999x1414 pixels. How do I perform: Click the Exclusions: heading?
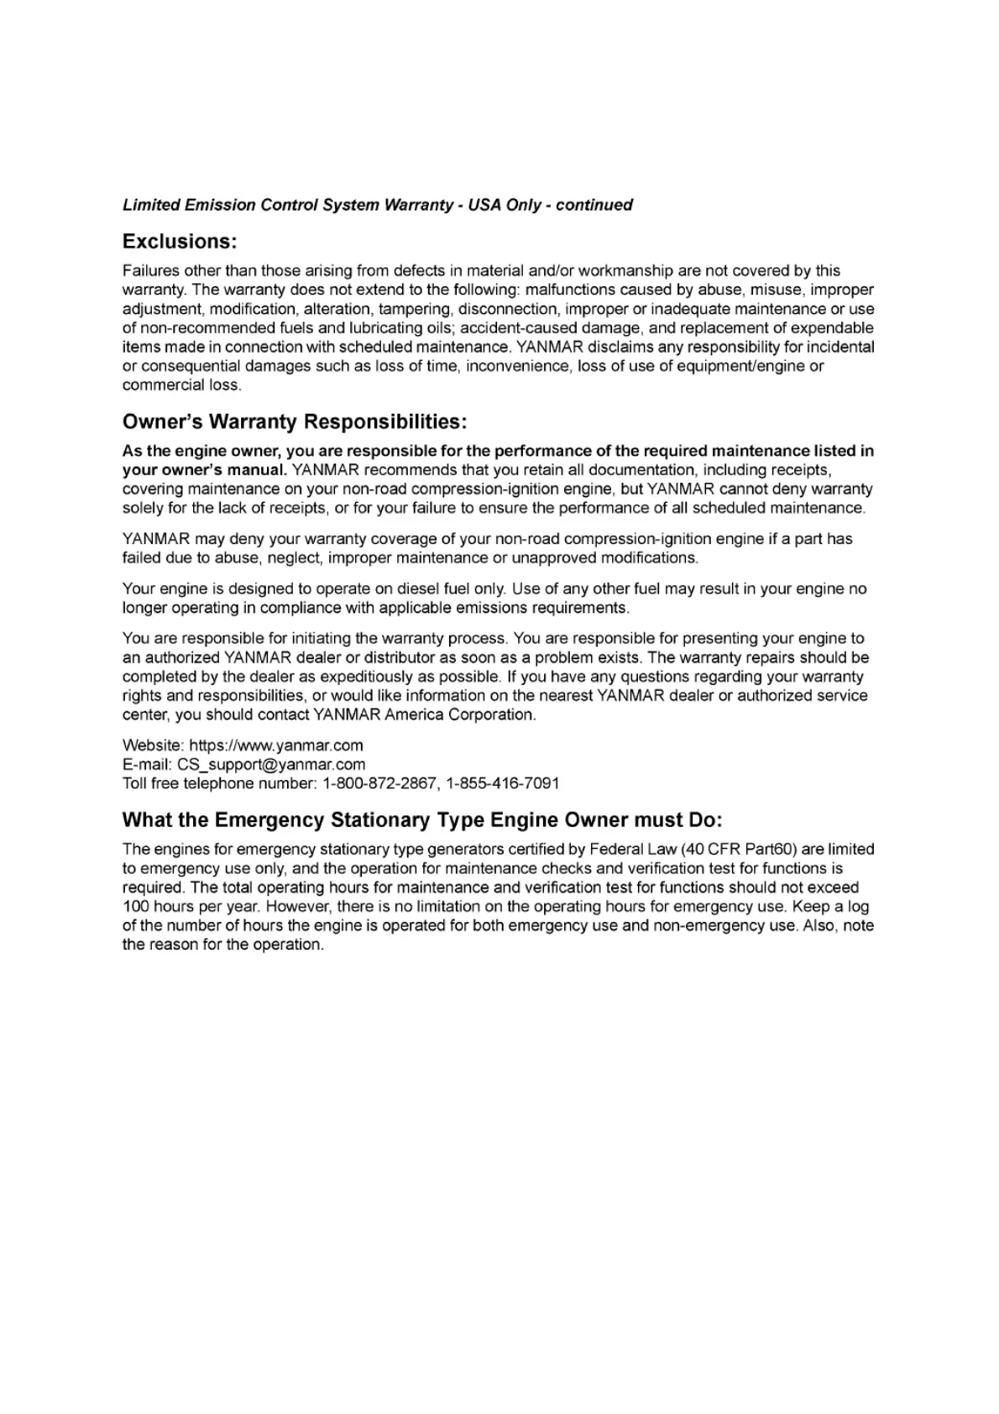click(x=180, y=242)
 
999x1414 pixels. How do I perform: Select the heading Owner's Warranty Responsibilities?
click(x=294, y=422)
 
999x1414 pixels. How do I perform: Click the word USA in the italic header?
click(x=484, y=205)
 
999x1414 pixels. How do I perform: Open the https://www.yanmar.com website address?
click(x=276, y=746)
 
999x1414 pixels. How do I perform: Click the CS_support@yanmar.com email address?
click(x=271, y=765)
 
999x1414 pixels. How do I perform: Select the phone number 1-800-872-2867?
click(x=380, y=784)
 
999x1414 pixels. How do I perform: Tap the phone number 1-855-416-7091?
click(x=503, y=784)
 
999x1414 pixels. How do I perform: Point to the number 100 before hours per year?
click(x=135, y=907)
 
